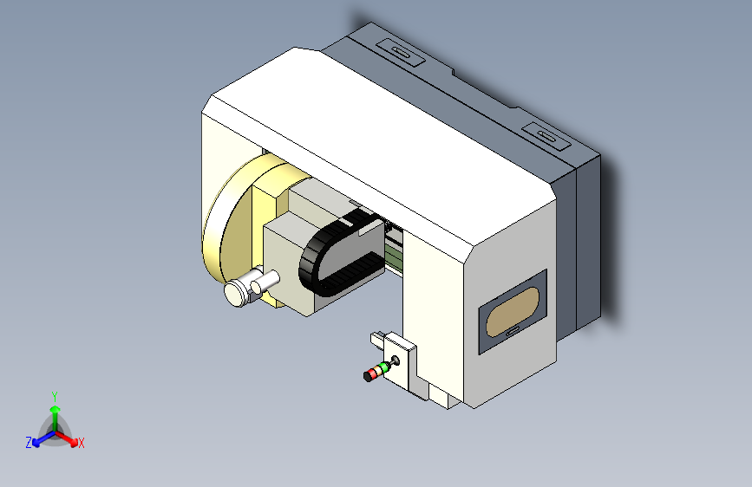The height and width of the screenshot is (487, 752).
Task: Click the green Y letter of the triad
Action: point(54,394)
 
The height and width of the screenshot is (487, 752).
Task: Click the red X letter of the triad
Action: point(82,444)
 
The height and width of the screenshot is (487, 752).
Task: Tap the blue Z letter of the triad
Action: point(29,442)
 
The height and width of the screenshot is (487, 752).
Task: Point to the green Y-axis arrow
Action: point(54,412)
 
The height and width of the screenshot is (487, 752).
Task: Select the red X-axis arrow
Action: point(69,437)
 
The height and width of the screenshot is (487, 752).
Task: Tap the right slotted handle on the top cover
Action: point(546,135)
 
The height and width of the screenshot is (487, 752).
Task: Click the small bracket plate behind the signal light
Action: point(402,356)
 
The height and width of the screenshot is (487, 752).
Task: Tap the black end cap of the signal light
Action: point(365,377)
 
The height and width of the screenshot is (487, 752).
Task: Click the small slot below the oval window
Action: point(513,330)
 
